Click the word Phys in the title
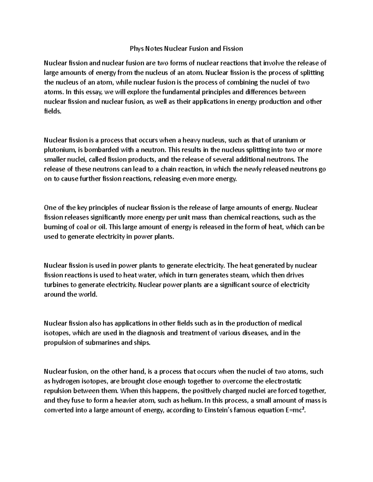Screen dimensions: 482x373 click(x=136, y=49)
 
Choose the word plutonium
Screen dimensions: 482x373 click(x=60, y=150)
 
